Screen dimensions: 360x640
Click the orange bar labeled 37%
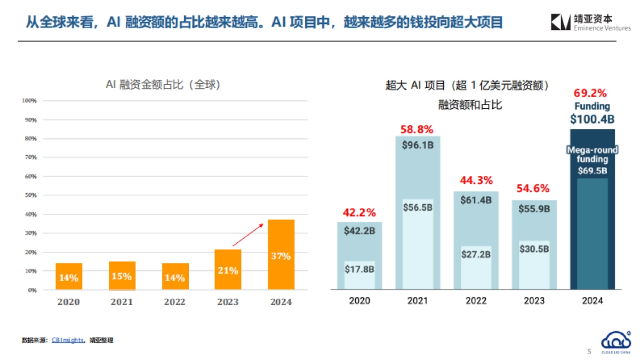281,254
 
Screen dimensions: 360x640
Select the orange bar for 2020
69,276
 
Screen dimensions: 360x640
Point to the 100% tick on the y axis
29,101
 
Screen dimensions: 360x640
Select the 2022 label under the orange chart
174,302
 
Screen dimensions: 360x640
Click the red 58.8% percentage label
417,129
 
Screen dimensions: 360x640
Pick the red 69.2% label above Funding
592,93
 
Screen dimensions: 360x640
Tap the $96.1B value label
418,145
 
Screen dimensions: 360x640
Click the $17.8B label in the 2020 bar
359,269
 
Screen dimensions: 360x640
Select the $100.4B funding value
592,119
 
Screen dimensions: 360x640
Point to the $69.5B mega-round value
592,171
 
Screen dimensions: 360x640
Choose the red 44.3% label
476,180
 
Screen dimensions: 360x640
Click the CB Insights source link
67,340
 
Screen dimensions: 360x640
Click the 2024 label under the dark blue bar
592,301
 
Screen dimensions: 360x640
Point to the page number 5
589,351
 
